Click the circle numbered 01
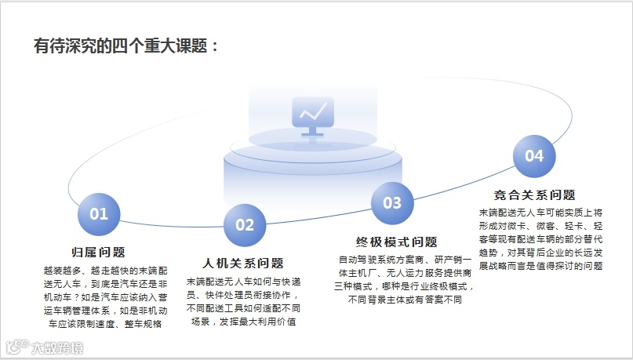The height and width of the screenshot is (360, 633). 99,214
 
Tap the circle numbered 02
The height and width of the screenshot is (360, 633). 245,225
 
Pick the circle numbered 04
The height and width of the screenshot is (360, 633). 534,156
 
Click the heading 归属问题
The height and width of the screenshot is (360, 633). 99,252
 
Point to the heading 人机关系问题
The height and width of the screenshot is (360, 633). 243,263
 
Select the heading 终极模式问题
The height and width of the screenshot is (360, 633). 397,242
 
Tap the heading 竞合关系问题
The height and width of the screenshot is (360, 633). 535,195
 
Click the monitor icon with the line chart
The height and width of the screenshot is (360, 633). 312,115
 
